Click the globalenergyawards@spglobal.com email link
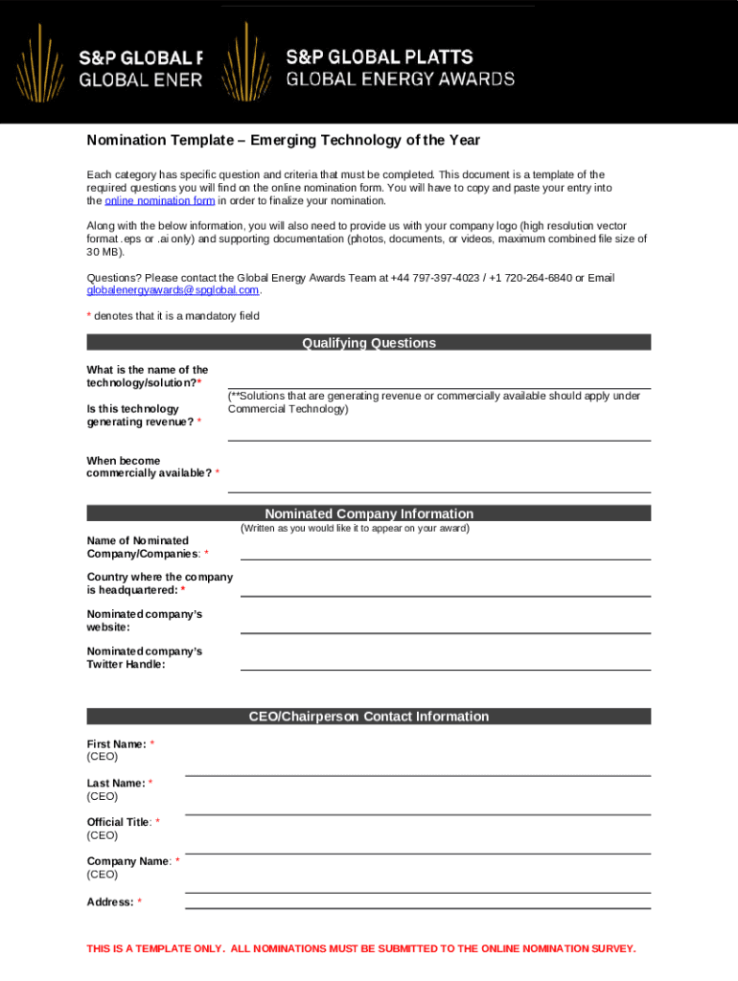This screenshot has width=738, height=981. [x=173, y=290]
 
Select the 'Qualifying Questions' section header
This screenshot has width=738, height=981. [x=369, y=343]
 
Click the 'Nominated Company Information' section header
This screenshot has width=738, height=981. [x=369, y=513]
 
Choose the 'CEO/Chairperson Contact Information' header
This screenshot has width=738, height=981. [x=369, y=717]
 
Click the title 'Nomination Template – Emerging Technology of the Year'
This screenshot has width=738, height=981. [x=283, y=141]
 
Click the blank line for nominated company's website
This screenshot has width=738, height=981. [x=445, y=626]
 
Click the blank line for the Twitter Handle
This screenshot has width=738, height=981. [x=445, y=663]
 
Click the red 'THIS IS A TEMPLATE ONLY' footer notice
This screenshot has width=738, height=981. [x=360, y=948]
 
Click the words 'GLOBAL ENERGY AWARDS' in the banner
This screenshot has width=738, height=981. [x=400, y=80]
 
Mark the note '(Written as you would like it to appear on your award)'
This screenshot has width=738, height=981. [x=355, y=528]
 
